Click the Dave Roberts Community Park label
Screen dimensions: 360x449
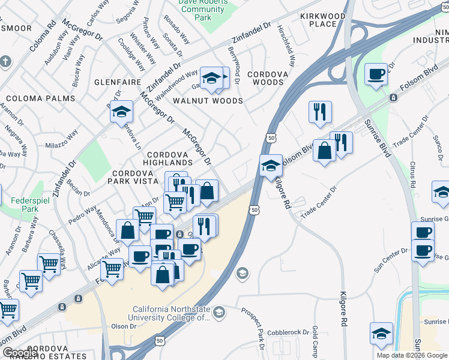coord(203,10)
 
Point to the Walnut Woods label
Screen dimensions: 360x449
coord(208,101)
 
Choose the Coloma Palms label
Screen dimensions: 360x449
coord(41,98)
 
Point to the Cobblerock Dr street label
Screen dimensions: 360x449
coord(288,331)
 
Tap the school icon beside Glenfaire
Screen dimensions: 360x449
coord(122,111)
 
